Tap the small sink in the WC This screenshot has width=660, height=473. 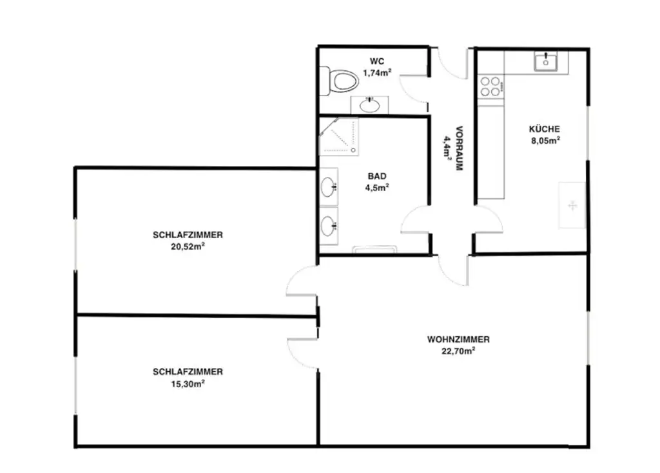(369, 104)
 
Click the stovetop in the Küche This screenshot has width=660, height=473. (490, 86)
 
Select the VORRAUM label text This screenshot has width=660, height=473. (460, 147)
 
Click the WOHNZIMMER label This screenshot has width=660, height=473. (459, 339)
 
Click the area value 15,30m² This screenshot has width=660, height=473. (188, 383)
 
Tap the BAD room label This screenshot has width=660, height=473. (377, 176)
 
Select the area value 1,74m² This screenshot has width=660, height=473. (377, 73)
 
